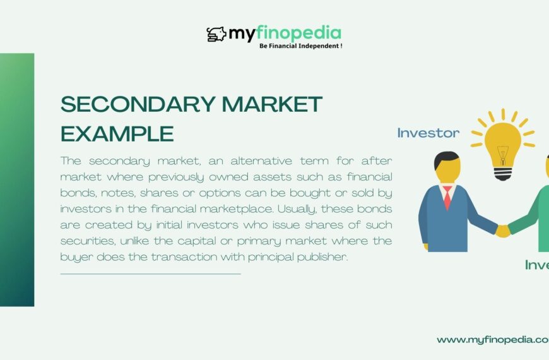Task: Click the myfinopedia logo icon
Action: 216,34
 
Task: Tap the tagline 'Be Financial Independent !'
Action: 300,46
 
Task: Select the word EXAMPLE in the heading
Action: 117,133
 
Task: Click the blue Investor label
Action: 428,133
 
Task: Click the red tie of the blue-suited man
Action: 447,197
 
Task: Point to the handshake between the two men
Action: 503,231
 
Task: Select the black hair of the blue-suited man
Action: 447,160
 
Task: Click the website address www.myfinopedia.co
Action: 492,340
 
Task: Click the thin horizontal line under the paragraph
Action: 150,274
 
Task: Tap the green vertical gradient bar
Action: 17,179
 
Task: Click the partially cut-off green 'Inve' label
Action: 536,265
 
